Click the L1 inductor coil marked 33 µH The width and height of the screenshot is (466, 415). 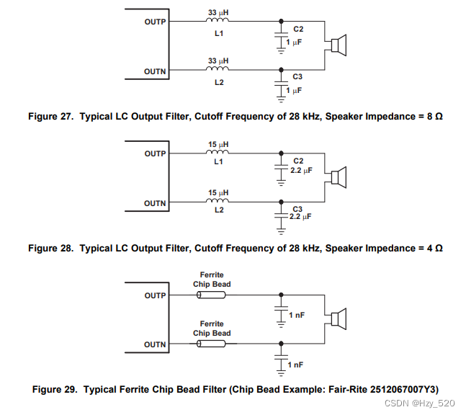pos(218,22)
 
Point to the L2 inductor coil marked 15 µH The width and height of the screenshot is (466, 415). pos(218,202)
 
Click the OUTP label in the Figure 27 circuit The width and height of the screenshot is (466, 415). pos(155,22)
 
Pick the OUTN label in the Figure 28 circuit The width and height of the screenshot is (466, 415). pos(155,203)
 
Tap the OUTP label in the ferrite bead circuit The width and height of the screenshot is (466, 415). pos(155,295)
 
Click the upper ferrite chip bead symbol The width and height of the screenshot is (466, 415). pos(211,295)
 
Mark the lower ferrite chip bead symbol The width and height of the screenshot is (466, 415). pos(211,344)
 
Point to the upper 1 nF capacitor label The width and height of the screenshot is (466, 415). pos(297,316)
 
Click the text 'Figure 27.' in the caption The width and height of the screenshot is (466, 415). pos(50,116)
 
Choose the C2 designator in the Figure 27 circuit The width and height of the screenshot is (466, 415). pos(298,29)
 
